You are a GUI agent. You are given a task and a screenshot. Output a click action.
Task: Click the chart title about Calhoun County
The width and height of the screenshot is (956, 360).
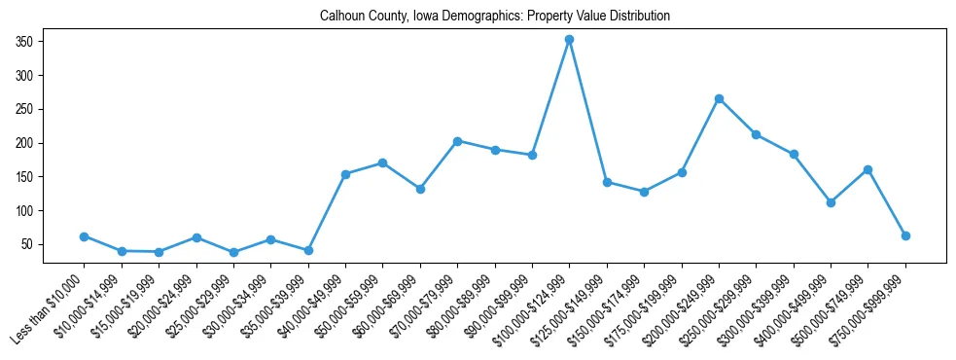pos(495,17)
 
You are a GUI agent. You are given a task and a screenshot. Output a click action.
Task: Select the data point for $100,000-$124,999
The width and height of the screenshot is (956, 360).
pos(569,40)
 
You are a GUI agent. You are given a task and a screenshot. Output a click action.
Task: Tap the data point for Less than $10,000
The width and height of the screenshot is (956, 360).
pos(85,236)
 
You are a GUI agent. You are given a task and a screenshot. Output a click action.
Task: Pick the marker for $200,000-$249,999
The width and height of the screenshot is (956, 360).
pos(719,98)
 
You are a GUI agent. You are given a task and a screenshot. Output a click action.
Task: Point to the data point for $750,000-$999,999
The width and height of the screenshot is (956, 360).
pos(905,235)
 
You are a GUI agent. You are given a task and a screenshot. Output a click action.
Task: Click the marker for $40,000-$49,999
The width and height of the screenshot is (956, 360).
pos(345,174)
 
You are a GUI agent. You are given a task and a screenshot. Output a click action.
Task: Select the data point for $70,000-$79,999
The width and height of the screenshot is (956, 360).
pos(457,141)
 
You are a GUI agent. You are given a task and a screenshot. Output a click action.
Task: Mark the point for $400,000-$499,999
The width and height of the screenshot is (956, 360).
pos(831,202)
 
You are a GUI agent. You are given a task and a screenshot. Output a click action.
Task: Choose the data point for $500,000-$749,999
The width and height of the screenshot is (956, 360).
pos(867,170)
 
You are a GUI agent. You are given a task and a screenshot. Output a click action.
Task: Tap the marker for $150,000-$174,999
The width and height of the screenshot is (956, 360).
pos(644,192)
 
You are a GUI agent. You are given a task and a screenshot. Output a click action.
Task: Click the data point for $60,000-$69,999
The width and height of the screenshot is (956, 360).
pos(420,189)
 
